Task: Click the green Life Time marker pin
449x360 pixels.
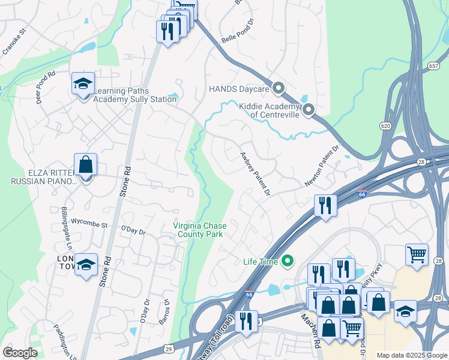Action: [x=288, y=261]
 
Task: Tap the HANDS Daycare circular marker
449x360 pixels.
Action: [x=278, y=89]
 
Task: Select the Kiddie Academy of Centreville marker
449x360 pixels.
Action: [x=309, y=109]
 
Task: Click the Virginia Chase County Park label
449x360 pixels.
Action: [x=199, y=230]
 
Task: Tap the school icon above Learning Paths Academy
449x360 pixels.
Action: [x=83, y=83]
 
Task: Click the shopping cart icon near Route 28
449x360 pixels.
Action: [x=417, y=254]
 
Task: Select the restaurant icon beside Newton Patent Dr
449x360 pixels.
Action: [x=325, y=206]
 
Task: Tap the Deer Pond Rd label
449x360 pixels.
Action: [x=46, y=88]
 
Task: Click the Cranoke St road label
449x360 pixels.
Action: [x=15, y=40]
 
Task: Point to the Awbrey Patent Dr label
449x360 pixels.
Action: [x=256, y=173]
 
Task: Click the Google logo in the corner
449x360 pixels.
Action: [x=20, y=353]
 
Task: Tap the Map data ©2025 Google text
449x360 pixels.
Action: [x=411, y=355]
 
